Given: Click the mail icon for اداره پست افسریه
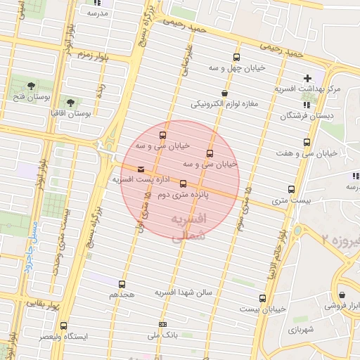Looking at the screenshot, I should pos(141,169).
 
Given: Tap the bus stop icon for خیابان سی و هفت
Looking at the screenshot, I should pos(306,142).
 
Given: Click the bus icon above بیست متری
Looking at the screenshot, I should pos(291,189).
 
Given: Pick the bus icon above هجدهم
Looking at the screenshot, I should pos(122,285).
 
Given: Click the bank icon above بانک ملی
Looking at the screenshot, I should pos(163,324).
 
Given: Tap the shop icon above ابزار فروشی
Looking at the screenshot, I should pos(342,295).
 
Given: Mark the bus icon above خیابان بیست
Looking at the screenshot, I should pos(262,298).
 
